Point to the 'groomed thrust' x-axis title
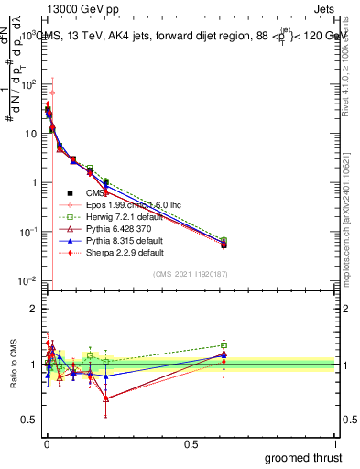pos(303,456)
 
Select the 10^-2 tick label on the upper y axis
pos(27,280)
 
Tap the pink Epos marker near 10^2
pos(52,93)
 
